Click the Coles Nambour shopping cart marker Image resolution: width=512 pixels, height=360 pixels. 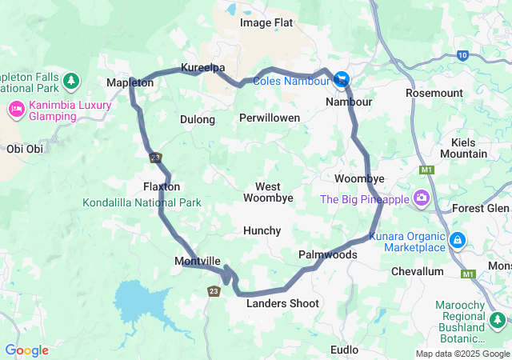342,78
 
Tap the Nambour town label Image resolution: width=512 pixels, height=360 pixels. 349,102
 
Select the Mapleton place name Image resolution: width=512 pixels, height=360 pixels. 130,82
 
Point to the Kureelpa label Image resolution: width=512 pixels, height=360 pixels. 202,67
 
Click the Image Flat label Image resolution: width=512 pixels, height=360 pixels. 266,22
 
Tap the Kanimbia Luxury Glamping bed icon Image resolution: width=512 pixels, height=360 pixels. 15,108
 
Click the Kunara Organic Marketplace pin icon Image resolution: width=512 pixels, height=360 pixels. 457,239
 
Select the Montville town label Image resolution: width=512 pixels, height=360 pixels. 198,262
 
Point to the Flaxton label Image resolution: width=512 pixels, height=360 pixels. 161,186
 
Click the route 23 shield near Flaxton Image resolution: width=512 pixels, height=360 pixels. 155,158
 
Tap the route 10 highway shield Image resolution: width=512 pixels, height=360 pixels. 462,54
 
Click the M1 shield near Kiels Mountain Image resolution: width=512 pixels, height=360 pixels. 425,170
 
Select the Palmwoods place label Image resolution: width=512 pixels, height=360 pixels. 327,254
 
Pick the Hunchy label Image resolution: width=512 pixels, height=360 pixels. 262,230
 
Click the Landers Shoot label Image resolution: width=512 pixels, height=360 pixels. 282,303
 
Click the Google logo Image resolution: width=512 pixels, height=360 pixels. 26,350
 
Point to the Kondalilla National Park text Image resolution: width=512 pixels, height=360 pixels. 142,202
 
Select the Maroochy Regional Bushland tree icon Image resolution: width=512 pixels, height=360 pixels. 498,320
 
